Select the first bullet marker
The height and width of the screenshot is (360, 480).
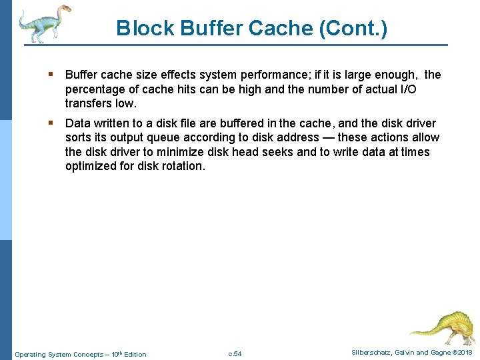click(51, 75)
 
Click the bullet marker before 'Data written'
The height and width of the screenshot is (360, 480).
click(51, 123)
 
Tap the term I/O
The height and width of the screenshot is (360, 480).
click(416, 89)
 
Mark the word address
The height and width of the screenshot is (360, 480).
click(306, 137)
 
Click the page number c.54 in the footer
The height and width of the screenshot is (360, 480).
click(235, 353)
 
